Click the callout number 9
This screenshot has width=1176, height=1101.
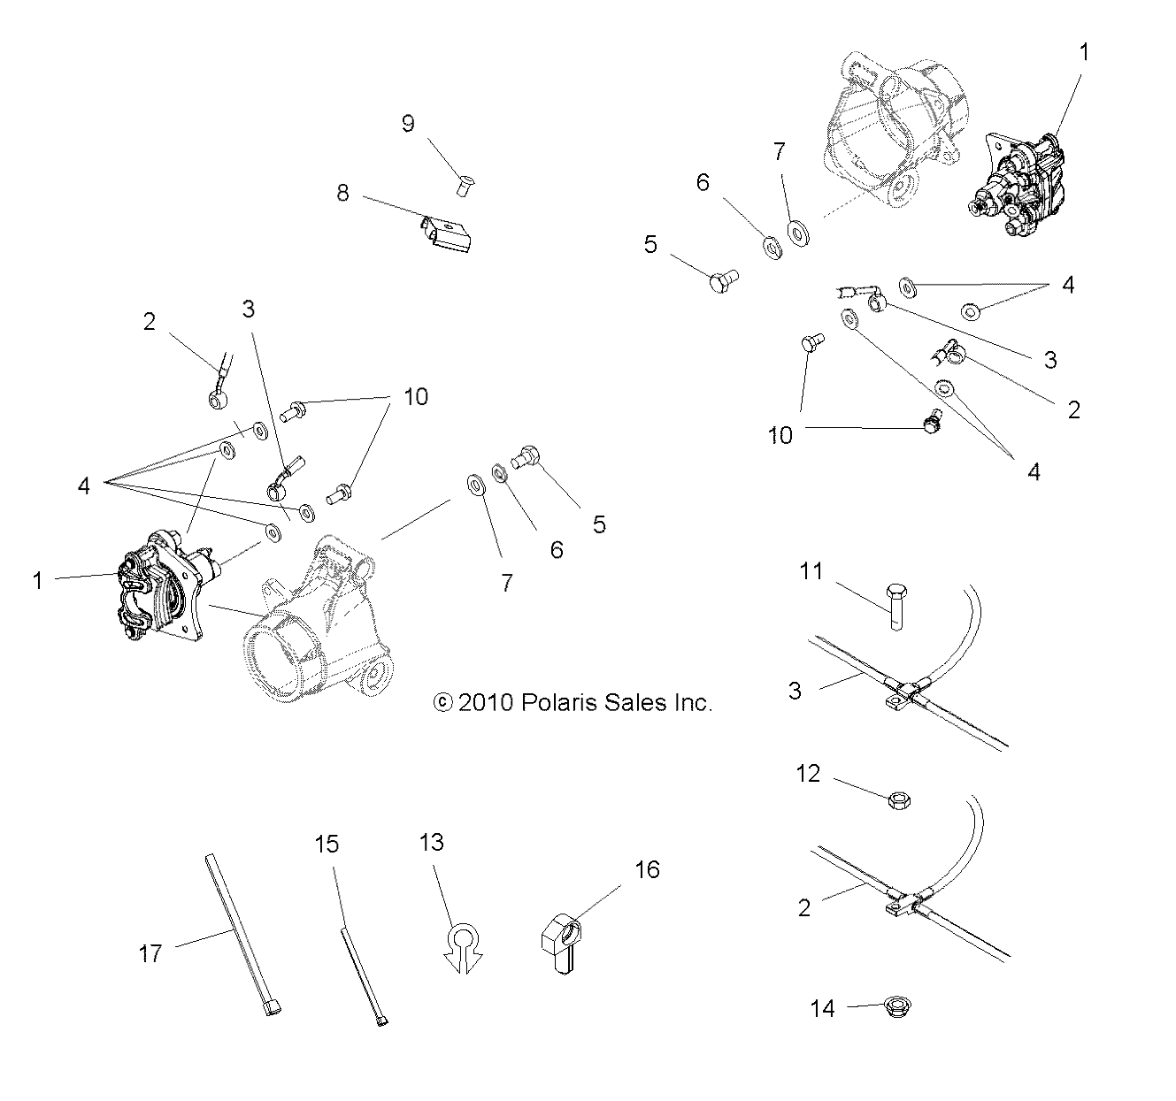click(408, 123)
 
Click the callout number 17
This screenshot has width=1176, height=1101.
click(151, 953)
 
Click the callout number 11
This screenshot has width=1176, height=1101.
click(811, 571)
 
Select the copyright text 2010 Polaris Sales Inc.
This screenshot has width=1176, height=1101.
click(573, 702)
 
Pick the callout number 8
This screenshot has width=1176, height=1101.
click(343, 193)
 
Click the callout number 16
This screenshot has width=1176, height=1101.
click(647, 870)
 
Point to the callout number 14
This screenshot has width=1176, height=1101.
click(823, 1008)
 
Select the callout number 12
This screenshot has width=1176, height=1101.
click(809, 775)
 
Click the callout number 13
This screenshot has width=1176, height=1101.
click(431, 843)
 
